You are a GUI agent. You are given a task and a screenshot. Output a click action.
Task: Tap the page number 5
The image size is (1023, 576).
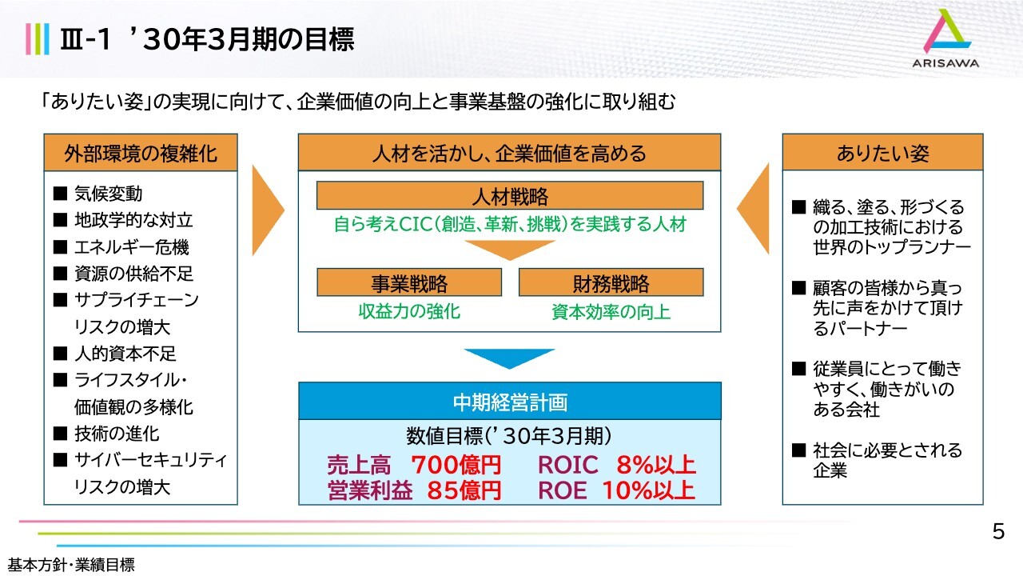(998, 532)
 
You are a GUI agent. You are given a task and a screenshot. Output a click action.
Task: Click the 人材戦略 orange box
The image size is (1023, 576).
(510, 196)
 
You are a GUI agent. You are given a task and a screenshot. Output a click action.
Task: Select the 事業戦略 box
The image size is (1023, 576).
(409, 282)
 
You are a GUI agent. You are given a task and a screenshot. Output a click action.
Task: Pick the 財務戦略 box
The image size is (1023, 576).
(611, 282)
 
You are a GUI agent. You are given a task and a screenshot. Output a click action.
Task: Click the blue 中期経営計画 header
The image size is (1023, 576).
(510, 401)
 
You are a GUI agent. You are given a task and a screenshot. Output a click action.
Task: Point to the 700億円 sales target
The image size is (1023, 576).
(456, 465)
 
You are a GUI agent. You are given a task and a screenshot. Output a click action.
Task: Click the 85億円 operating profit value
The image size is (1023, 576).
(464, 490)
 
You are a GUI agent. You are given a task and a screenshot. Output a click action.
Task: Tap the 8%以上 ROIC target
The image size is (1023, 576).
(656, 465)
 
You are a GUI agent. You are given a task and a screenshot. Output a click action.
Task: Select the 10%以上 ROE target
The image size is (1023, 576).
(649, 490)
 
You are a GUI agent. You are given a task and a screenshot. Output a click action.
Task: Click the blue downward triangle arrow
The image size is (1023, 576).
(510, 358)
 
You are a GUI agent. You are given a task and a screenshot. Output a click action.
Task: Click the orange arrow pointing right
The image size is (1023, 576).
(267, 210)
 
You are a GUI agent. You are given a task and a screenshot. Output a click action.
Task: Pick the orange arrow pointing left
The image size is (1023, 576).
(754, 209)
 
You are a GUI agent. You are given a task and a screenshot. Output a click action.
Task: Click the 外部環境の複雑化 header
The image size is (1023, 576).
(141, 153)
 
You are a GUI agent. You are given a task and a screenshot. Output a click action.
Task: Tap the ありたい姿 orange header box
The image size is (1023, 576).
(882, 152)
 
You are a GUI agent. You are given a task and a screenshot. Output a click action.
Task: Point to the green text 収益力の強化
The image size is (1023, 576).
(409, 311)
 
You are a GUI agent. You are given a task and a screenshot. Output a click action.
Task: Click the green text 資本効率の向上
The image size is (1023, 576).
(611, 312)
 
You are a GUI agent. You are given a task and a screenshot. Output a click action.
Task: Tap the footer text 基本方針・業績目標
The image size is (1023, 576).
(71, 565)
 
